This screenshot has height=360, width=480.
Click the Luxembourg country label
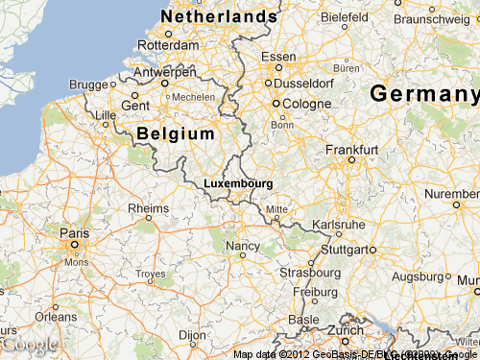(238, 182)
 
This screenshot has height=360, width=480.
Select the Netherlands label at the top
(219, 17)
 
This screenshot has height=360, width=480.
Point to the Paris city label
(73, 232)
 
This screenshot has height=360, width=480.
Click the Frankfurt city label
(351, 150)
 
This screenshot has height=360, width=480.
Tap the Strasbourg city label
(308, 272)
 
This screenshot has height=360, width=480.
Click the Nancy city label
(242, 247)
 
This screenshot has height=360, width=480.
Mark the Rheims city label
(148, 207)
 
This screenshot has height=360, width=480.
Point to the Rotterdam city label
(168, 44)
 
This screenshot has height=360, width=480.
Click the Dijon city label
(192, 335)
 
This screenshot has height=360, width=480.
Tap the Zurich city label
(345, 329)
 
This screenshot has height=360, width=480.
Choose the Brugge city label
(87, 84)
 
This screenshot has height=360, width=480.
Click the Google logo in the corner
(29, 344)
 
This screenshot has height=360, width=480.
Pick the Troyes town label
(151, 274)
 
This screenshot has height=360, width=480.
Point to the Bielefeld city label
(345, 17)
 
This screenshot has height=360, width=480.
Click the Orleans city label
(56, 316)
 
